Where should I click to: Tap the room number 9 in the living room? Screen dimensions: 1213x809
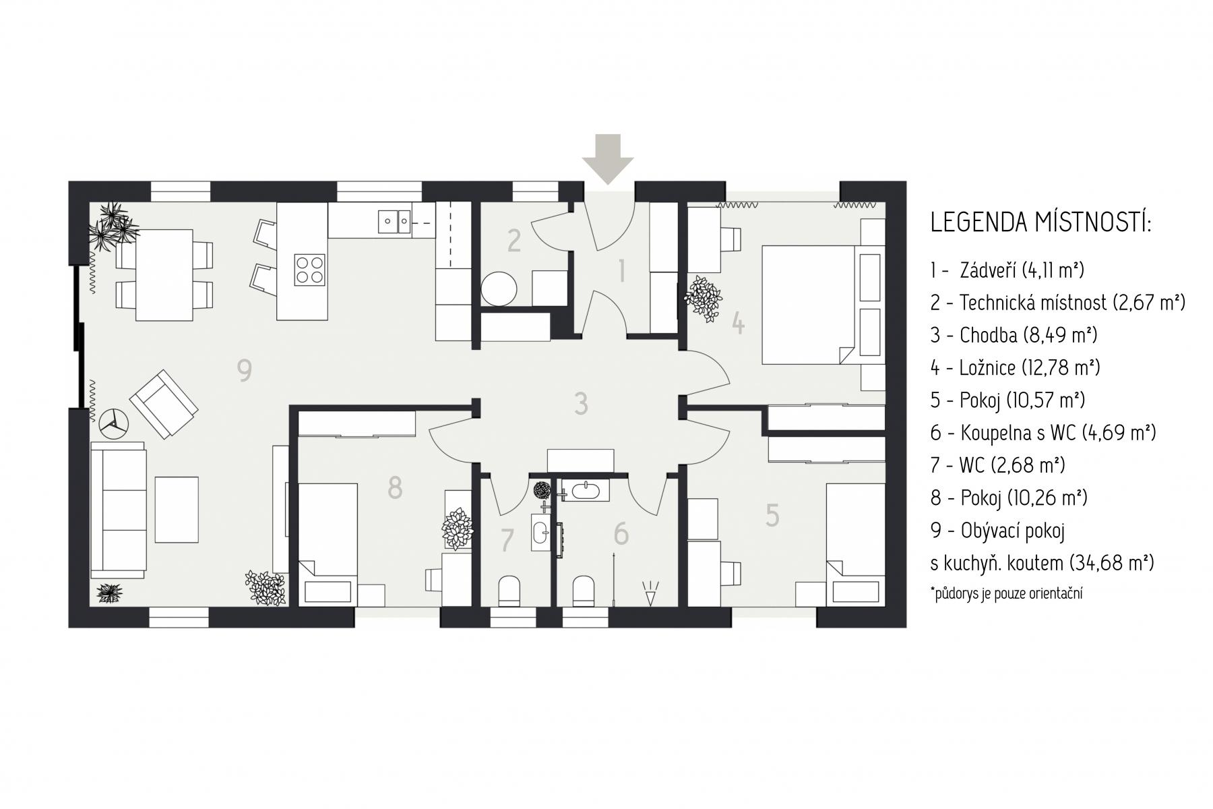245,370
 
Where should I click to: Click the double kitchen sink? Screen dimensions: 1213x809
395,221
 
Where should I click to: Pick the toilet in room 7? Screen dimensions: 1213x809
507,591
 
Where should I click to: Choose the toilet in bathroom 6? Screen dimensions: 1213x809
583,591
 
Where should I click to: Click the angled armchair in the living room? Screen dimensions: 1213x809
164,404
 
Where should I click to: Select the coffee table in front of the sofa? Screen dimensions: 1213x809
177,510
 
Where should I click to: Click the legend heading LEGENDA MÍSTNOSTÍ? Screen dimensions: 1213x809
1041,222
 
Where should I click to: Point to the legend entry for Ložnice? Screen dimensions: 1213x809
1016,367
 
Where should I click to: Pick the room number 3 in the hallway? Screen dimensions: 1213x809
581,404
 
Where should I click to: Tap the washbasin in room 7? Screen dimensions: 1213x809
541,533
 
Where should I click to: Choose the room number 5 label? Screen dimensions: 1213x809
772,516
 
